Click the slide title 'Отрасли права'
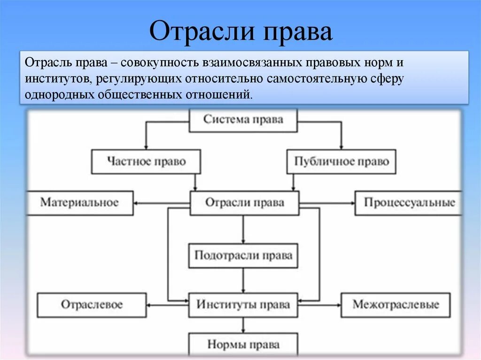pos(240,32)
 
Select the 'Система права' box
pos(243,120)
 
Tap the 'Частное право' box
pos(146,161)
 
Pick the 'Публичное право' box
pos(341,161)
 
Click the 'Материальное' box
pos(79,203)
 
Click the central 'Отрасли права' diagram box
pos(244,203)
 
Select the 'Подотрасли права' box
pos(243,255)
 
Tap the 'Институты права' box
pos(243,305)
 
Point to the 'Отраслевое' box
pos(92,305)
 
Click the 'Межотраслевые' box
pos(396,305)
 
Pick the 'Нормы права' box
pos(243,345)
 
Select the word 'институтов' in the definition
pos(58,78)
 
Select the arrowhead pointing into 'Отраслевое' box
pos(149,305)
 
